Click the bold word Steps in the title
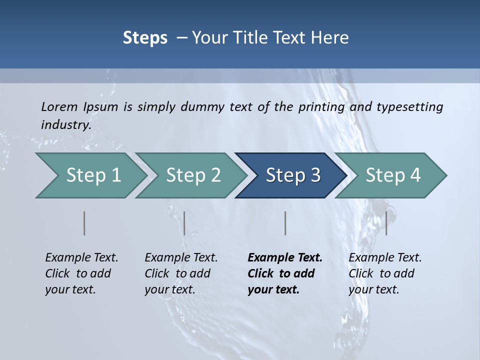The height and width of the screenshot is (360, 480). [145, 38]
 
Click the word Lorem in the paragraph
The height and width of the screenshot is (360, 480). [59, 107]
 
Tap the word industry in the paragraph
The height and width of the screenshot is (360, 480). [65, 125]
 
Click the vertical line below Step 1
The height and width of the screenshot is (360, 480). [84, 223]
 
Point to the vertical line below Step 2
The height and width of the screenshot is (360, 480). [184, 223]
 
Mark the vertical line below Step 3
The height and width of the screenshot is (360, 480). [285, 223]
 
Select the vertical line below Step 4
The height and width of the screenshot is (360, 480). [386, 223]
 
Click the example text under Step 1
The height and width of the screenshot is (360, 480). [81, 273]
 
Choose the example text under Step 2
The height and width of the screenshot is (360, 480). [181, 273]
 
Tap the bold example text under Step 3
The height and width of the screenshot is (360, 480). [285, 273]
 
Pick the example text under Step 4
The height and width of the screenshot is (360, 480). [385, 273]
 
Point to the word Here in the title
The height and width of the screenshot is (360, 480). [330, 38]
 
